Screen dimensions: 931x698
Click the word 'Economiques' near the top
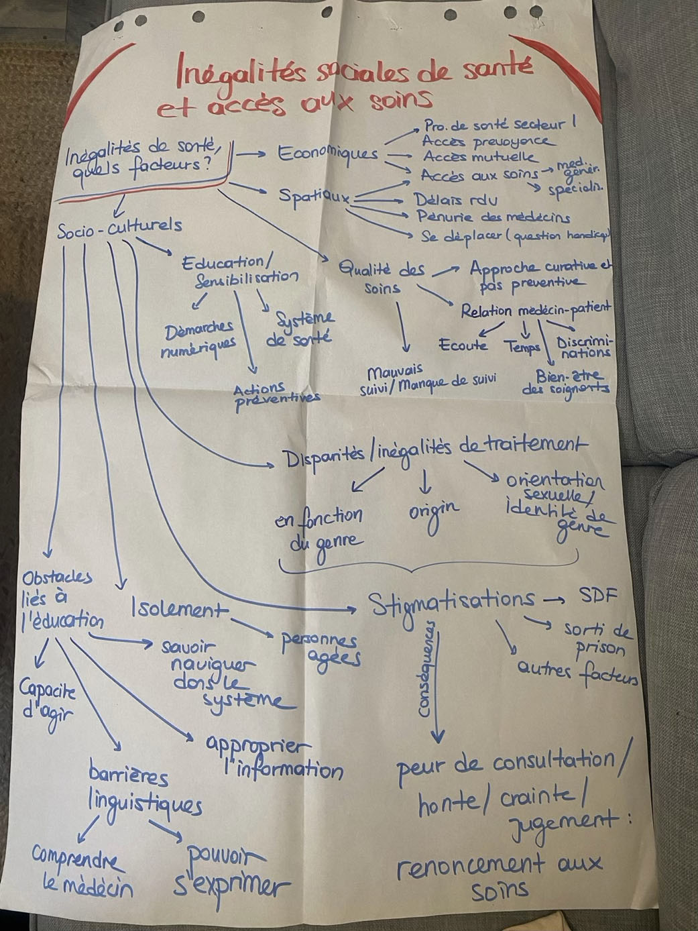click(328, 154)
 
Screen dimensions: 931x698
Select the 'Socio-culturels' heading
click(119, 228)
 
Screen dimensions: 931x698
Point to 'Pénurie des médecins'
click(493, 217)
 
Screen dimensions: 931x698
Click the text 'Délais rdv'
click(455, 200)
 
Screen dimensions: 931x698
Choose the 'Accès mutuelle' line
click(479, 158)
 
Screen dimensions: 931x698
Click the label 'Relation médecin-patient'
click(536, 310)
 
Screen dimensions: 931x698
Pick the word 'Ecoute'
click(463, 345)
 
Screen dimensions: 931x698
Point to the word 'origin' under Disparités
click(434, 512)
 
